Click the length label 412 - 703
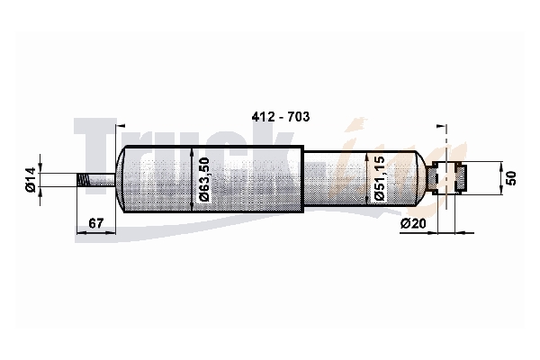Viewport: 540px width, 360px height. (280, 117)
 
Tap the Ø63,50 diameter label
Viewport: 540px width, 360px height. (204, 179)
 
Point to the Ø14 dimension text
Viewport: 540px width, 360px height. (31, 179)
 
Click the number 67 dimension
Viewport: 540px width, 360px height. (95, 223)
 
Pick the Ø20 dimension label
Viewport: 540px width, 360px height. (413, 223)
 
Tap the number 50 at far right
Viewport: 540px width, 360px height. (512, 178)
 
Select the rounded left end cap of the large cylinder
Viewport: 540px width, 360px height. (120, 179)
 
